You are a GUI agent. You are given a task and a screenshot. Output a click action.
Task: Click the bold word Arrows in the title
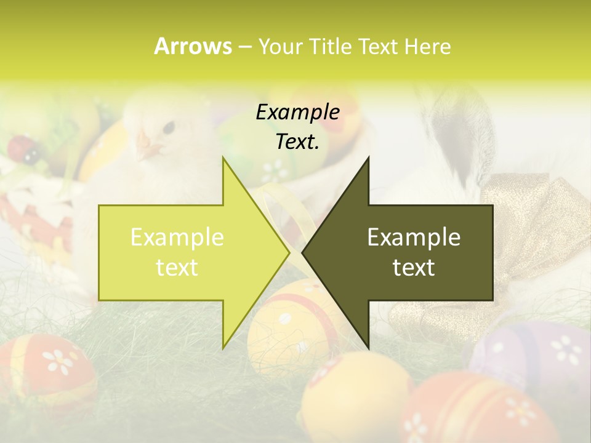(193, 46)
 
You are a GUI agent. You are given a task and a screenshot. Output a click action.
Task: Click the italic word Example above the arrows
(298, 113)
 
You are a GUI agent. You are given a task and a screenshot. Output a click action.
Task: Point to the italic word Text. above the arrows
(298, 142)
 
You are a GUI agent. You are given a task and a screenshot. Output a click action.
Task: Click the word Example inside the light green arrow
(177, 237)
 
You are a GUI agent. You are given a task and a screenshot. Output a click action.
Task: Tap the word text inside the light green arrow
(177, 268)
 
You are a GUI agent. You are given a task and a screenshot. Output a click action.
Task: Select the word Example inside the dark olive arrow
(414, 237)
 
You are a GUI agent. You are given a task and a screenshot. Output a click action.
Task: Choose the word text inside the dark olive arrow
(414, 268)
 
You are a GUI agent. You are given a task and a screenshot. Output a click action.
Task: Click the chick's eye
(167, 127)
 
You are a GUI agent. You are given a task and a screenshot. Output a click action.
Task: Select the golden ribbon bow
(523, 203)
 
